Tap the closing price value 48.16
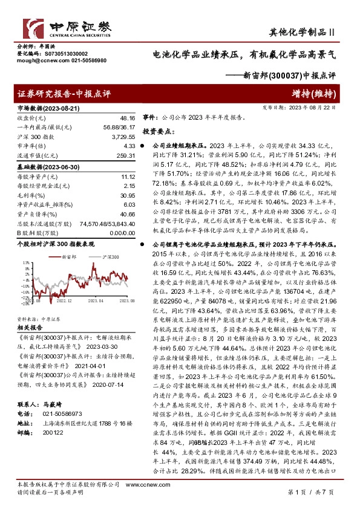pos(128,118)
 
